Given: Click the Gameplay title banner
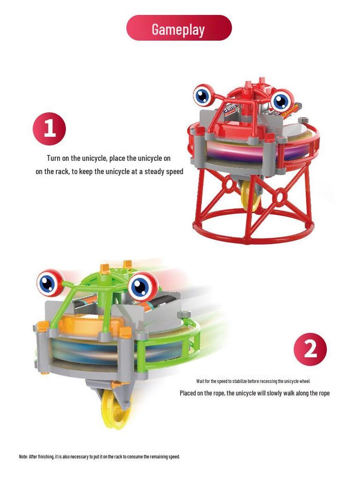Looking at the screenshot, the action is [179, 28].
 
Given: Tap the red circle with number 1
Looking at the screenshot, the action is [49, 128].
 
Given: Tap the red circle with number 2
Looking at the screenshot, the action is [310, 349].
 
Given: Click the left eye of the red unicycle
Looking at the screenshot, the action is [202, 95].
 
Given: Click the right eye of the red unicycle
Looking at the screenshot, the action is [282, 101].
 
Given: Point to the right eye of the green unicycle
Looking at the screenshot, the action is [142, 287].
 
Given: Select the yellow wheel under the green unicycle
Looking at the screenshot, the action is [116, 409].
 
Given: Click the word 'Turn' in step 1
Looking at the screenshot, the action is [53, 158].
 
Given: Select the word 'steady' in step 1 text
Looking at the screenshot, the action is [155, 172].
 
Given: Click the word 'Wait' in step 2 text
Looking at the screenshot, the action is [200, 381].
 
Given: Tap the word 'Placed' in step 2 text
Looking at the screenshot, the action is [187, 393].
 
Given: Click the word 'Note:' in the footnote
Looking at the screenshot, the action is [23, 457].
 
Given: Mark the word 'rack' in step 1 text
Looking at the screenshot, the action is [62, 172].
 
